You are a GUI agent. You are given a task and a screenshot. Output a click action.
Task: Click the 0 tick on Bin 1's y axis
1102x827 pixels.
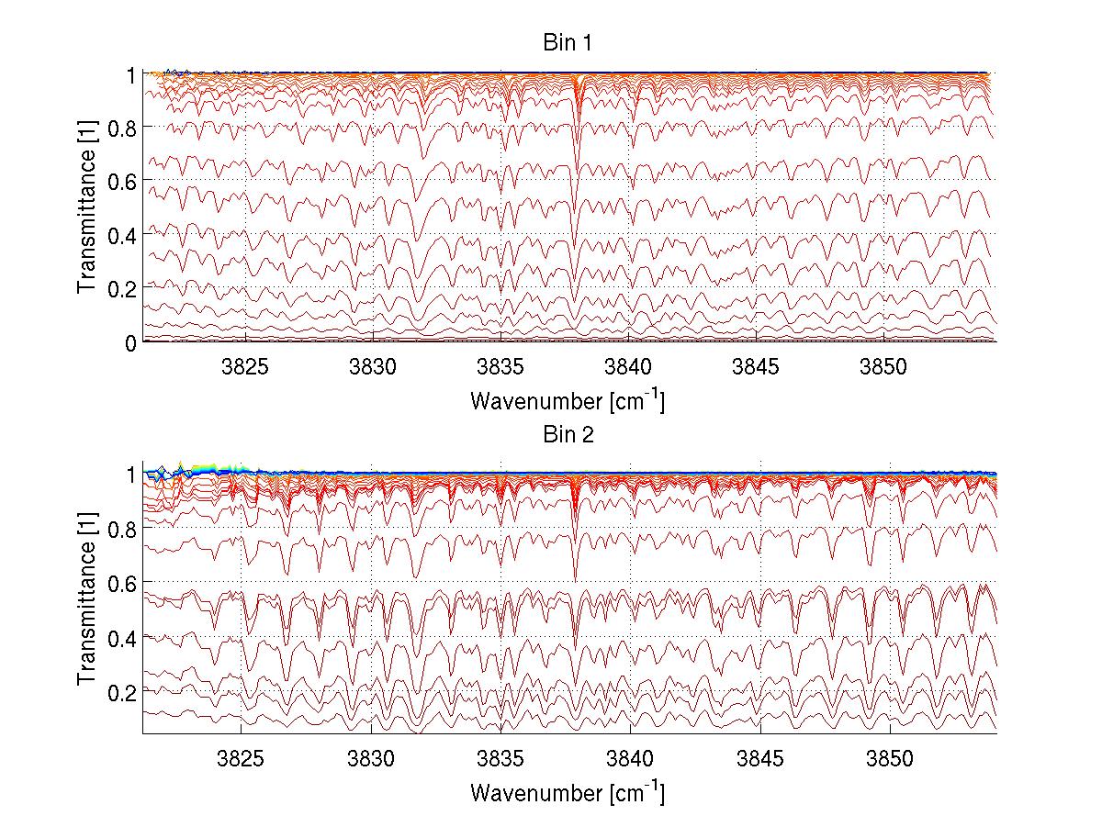tap(132, 342)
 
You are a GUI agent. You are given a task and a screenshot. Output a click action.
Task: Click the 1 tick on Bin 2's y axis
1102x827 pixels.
tap(132, 475)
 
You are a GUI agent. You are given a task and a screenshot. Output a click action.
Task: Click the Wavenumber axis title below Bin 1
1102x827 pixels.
tap(567, 400)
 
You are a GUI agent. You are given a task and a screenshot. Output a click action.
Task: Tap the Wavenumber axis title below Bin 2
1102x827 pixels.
tap(567, 792)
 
